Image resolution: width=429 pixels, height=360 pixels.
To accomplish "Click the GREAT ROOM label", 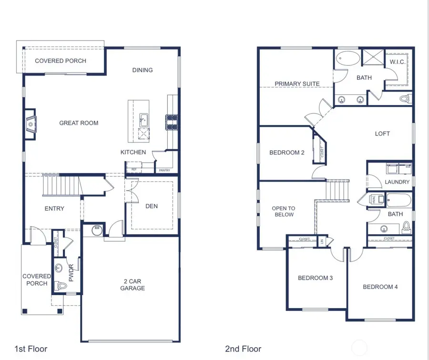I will (x=79, y=123).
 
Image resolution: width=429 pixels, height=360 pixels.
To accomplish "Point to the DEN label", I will (x=152, y=206).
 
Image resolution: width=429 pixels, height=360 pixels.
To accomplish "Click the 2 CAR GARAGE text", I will (x=132, y=285).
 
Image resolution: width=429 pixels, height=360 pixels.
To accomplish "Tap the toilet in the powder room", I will (x=61, y=285).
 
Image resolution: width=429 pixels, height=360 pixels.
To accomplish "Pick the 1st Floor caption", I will (x=31, y=349).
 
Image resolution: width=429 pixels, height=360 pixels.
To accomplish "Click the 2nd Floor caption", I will (x=243, y=349).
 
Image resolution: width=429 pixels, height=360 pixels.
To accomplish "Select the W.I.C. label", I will (x=397, y=62).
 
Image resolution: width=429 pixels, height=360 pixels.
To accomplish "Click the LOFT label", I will (x=382, y=134).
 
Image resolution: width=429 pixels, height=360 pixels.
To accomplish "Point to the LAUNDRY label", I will (x=397, y=182).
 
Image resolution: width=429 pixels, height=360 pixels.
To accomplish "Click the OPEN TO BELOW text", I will (x=283, y=211).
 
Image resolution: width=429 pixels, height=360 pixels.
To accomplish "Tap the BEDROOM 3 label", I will (x=315, y=278).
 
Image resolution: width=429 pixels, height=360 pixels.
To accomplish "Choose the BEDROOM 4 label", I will (x=380, y=287).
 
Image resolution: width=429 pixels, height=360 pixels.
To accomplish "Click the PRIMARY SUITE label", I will (x=297, y=84).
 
